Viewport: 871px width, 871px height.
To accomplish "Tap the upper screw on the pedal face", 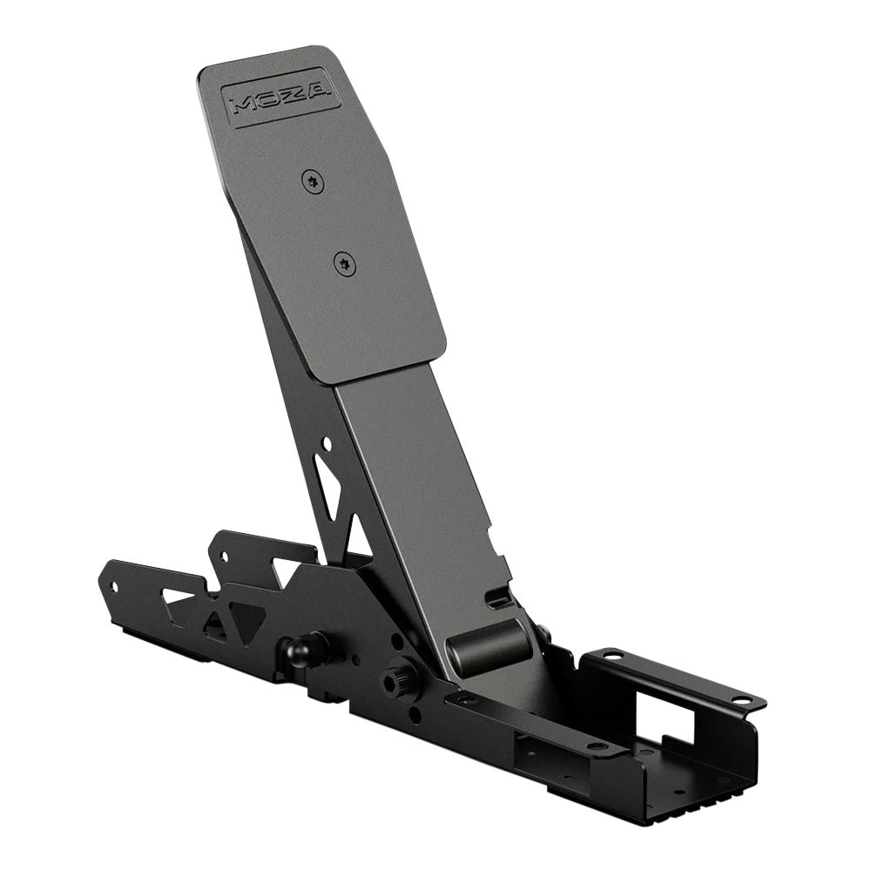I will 313,181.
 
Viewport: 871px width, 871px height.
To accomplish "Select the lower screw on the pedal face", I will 346,262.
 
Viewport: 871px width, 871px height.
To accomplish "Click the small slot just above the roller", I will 499,599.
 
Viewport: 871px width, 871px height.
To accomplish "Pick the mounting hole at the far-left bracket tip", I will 112,586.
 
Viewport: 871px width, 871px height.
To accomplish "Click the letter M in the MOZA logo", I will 240,106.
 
